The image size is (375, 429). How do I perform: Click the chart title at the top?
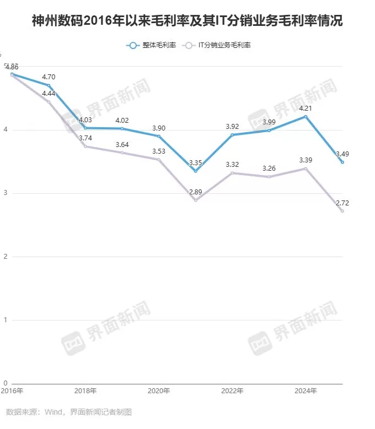187,21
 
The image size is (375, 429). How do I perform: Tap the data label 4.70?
49,77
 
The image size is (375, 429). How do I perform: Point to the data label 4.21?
306,108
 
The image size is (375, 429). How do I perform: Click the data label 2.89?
195,191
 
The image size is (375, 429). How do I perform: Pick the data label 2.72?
342,203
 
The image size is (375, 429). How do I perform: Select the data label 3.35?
195,163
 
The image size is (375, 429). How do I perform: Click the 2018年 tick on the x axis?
85,391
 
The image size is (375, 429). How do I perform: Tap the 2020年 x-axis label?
159,391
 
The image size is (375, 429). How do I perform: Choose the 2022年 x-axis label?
232,391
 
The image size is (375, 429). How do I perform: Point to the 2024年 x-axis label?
306,391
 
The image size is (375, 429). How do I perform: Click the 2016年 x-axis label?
12,391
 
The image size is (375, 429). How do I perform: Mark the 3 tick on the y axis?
6,193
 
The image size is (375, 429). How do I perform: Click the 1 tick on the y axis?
6,320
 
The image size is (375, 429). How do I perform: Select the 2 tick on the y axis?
6,257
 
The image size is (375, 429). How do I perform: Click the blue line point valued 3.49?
342,162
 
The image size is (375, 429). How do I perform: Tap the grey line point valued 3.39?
306,169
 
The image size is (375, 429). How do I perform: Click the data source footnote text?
69,412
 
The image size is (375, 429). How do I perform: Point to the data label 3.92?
232,127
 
